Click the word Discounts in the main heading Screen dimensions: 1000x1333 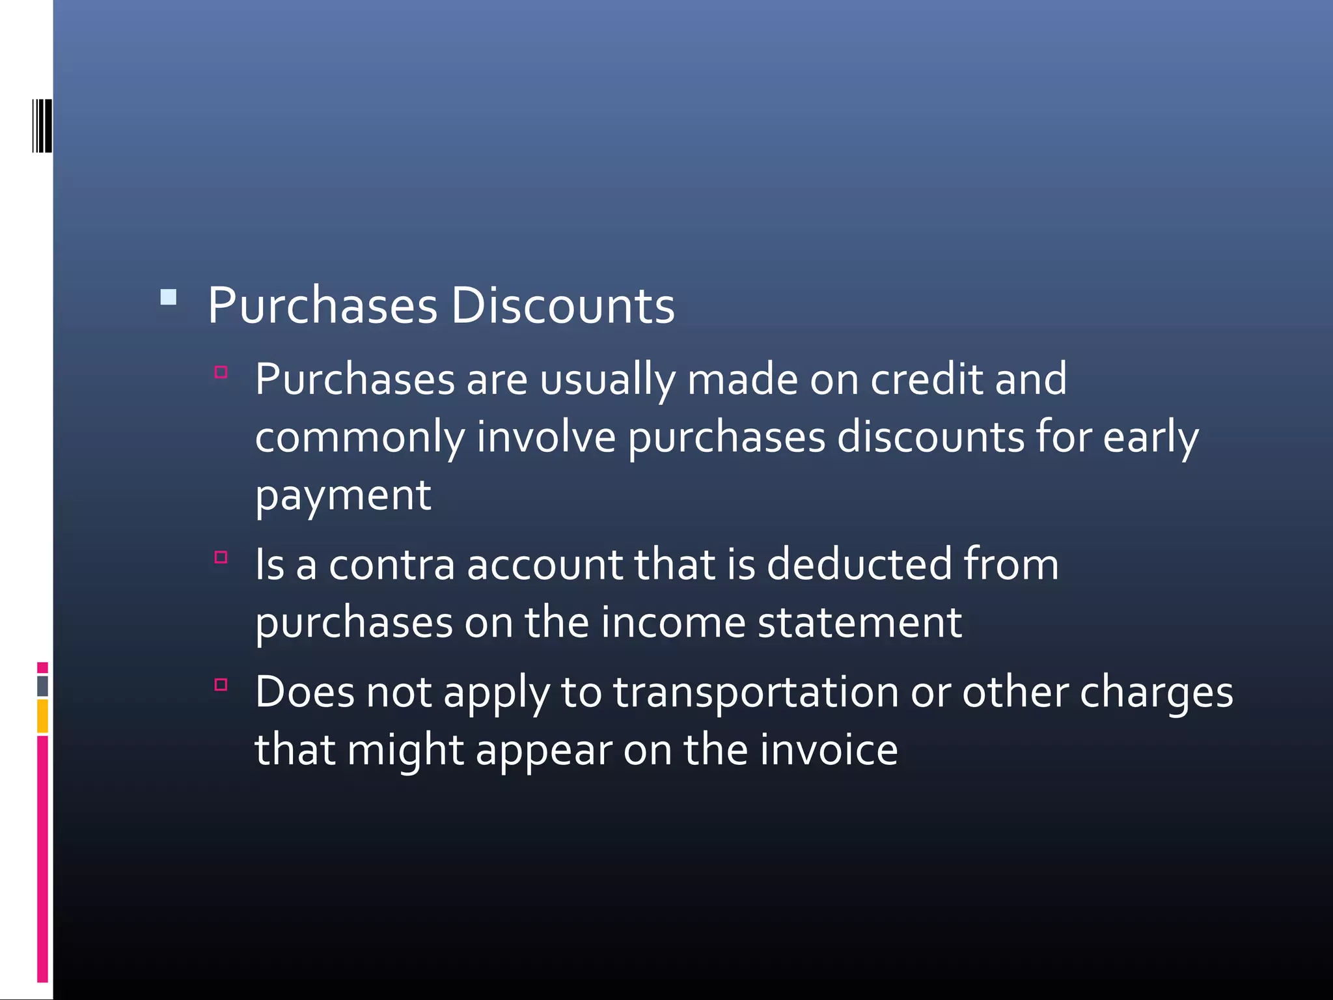pos(562,305)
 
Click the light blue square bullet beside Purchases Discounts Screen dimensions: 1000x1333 pos(169,298)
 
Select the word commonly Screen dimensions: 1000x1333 pos(360,438)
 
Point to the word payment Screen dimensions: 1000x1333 pos(343,496)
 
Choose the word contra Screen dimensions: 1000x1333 pos(391,564)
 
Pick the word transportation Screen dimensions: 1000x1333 pos(756,691)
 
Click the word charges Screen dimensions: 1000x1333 pos(1156,693)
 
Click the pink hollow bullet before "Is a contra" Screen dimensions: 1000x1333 pos(221,557)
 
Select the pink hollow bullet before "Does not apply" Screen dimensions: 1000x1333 pos(221,684)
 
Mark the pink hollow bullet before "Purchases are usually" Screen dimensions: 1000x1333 pos(221,372)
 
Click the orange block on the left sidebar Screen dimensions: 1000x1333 pos(42,715)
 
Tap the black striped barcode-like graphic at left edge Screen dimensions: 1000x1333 pos(42,126)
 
